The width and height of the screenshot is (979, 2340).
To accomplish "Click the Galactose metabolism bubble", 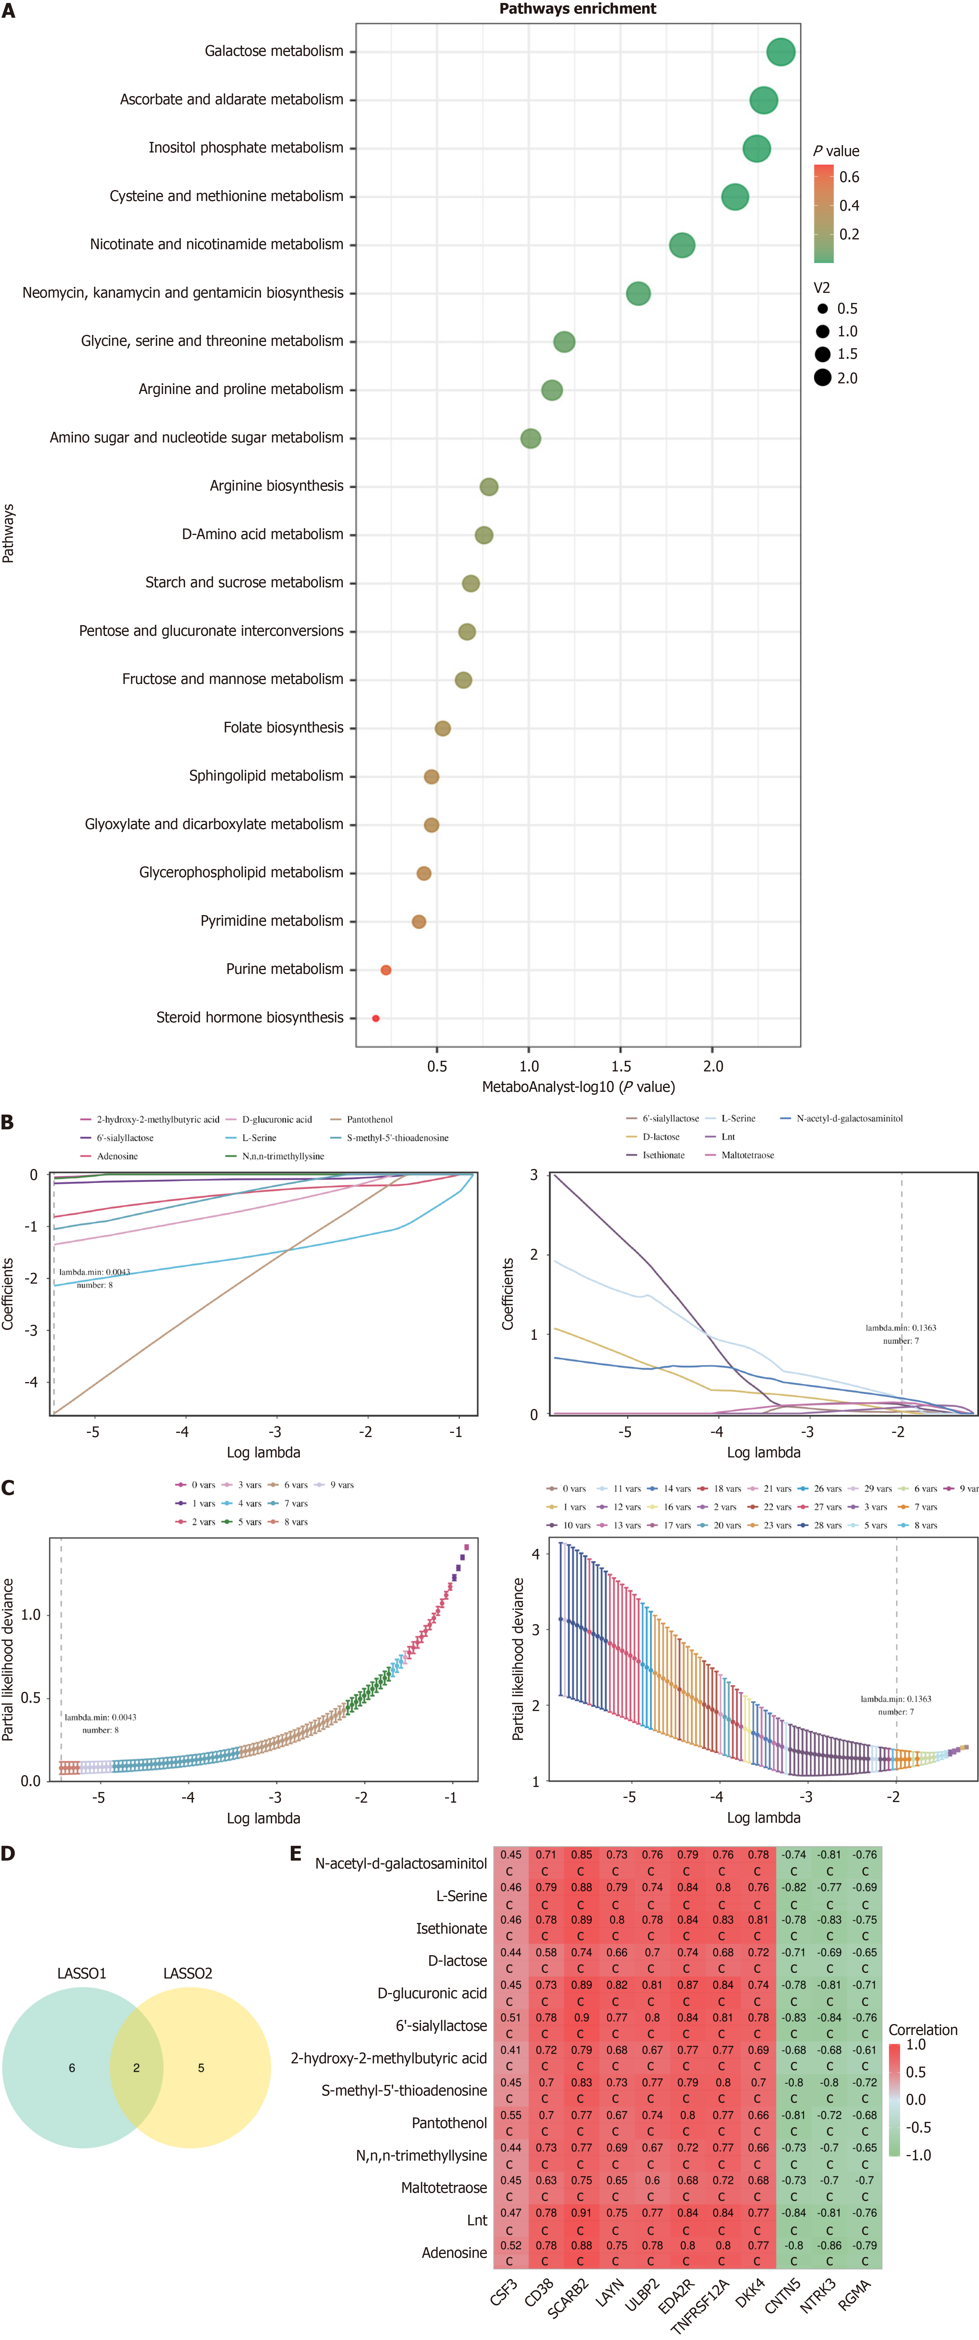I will pyautogui.click(x=780, y=52).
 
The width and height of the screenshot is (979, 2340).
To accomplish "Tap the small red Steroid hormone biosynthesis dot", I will pyautogui.click(x=375, y=1018).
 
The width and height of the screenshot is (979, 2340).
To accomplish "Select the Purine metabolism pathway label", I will pyautogui.click(x=284, y=969).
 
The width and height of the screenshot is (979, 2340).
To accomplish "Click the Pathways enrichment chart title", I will pyautogui.click(x=578, y=9).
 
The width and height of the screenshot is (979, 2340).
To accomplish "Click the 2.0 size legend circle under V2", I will pyautogui.click(x=823, y=378).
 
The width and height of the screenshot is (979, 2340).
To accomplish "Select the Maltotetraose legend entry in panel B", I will pyautogui.click(x=746, y=1155).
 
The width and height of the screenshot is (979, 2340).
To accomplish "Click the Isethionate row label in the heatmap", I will pyautogui.click(x=451, y=1929).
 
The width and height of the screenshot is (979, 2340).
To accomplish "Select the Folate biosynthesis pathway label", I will pyautogui.click(x=283, y=728).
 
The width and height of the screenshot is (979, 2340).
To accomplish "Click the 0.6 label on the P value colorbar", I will pyautogui.click(x=849, y=177).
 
